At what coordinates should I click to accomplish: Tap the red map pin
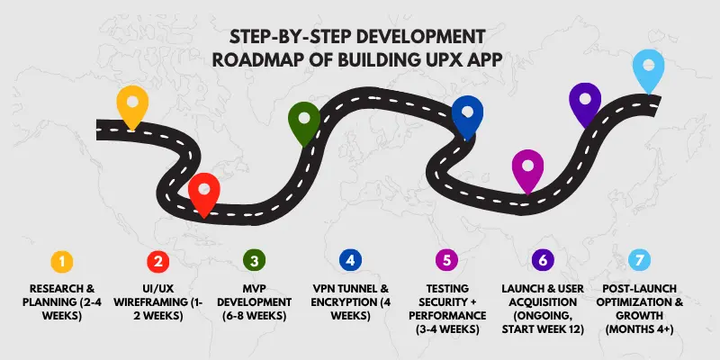pos(204,192)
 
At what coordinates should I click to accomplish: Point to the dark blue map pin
pos(467,114)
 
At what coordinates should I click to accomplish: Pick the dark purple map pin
pos(585,102)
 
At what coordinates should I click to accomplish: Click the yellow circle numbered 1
pos(61,261)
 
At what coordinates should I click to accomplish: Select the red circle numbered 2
pos(158,261)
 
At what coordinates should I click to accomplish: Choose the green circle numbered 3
pos(254,261)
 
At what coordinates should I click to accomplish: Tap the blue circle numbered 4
pos(350,261)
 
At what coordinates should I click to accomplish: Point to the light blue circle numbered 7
pos(638,261)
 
